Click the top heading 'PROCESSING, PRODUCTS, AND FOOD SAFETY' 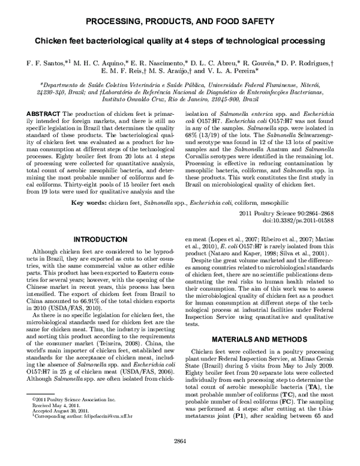click(180, 22)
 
